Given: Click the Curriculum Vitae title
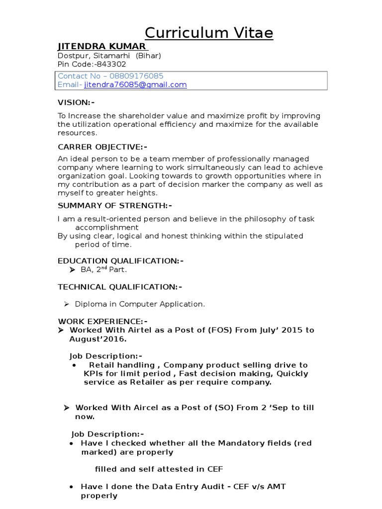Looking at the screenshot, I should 209,33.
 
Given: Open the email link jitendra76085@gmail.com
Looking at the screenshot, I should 135,85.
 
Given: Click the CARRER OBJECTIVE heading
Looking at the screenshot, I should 102,147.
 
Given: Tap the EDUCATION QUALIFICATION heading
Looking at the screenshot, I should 120,260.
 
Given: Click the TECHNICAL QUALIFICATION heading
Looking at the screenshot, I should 120,287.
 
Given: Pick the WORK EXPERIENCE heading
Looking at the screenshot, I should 102,321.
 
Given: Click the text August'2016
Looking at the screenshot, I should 97,339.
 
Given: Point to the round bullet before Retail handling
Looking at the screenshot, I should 74,365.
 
